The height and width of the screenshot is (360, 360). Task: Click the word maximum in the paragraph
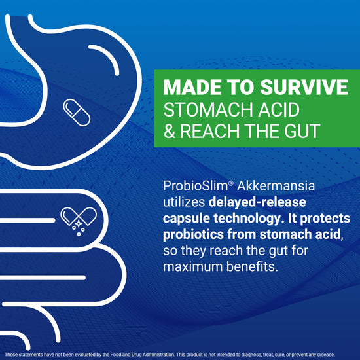coord(192,266)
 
